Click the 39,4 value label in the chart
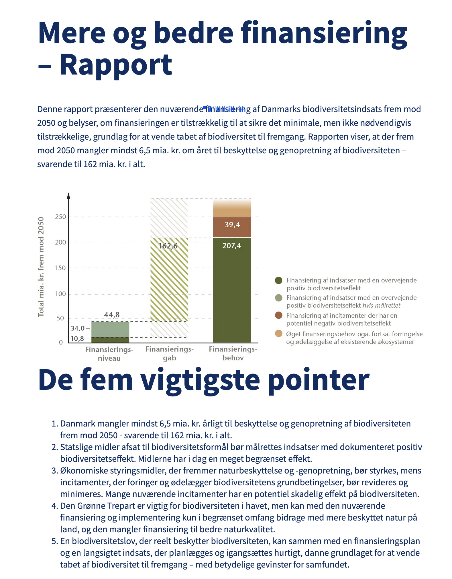tap(232, 225)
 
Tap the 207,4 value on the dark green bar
tap(231, 246)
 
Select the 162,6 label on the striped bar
tap(168, 246)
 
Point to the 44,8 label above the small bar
tap(112, 315)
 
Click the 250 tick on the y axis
tap(60, 217)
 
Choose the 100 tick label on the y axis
tap(60, 294)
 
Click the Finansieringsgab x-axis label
tap(170, 353)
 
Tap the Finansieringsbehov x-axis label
tap(233, 353)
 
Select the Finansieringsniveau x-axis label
tap(109, 354)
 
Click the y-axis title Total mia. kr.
tap(41, 267)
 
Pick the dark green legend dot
tap(278, 280)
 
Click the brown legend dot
tap(278, 315)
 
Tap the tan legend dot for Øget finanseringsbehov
tap(278, 334)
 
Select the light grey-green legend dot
tap(278, 298)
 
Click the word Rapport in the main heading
tap(116, 65)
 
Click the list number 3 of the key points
tap(54, 471)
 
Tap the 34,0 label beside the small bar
tap(78, 328)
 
